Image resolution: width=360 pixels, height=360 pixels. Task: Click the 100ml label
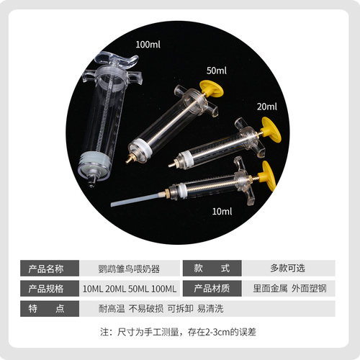(148, 45)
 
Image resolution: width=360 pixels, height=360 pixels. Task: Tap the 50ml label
(217, 71)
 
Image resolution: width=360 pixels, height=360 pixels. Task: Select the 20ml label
(267, 107)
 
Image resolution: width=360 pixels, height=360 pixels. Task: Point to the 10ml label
(222, 211)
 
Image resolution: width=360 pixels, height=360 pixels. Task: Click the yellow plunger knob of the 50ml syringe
(212, 89)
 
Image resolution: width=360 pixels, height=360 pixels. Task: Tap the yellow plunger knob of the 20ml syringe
(271, 130)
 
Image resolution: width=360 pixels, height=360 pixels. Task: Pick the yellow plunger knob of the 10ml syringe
(269, 175)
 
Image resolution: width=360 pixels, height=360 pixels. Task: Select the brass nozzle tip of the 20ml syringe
(171, 164)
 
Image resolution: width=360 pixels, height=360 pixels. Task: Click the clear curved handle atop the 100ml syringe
(117, 60)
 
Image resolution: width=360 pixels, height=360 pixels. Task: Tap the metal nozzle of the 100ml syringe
(91, 181)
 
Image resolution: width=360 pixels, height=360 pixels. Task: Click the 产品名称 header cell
(50, 269)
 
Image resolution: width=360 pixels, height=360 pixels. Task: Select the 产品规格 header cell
(50, 289)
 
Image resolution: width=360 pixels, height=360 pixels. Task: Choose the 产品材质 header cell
(212, 289)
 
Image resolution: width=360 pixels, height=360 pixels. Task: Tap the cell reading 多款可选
(289, 269)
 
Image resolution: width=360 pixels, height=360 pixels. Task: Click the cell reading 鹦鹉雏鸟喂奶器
(130, 269)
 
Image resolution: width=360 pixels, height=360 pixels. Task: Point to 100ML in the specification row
(164, 289)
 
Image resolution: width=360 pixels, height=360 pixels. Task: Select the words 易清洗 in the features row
(210, 309)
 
